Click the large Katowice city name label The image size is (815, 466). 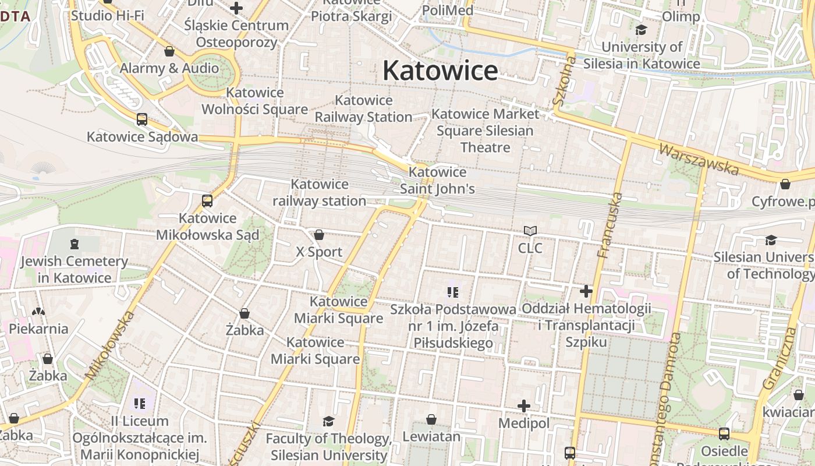[x=440, y=71]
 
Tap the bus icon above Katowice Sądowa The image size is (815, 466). [x=141, y=119]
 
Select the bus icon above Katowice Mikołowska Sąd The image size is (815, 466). [x=207, y=201]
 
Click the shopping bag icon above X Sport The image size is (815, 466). [x=319, y=235]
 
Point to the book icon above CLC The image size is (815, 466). [x=530, y=231]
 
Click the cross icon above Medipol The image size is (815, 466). [x=524, y=406]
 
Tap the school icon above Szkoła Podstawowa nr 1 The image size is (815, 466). [x=453, y=292]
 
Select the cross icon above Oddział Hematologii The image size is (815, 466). [x=586, y=291]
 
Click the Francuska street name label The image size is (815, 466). [x=610, y=225]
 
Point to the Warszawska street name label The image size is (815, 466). [x=699, y=158]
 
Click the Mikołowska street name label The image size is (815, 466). [x=110, y=345]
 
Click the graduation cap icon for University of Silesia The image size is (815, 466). [x=642, y=30]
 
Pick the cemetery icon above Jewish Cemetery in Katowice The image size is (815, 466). [x=74, y=243]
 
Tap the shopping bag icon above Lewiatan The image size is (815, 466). [x=431, y=419]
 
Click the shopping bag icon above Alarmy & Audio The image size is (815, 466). [x=169, y=51]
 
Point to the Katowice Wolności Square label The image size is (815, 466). [x=254, y=101]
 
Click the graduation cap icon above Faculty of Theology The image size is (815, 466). [x=329, y=421]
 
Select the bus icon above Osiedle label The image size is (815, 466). [x=724, y=434]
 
